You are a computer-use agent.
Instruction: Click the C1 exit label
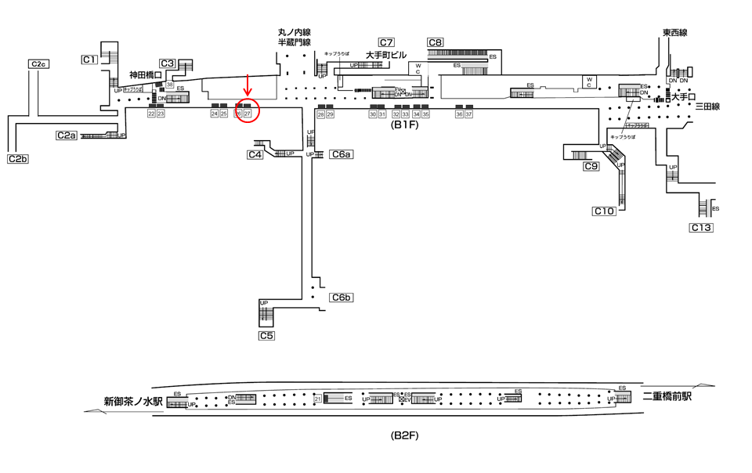(x=89, y=59)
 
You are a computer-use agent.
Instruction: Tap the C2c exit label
(x=38, y=63)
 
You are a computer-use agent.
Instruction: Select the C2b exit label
(x=18, y=159)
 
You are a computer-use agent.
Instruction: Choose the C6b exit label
(x=342, y=297)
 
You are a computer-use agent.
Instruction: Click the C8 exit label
(x=436, y=42)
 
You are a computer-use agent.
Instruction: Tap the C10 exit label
(x=603, y=211)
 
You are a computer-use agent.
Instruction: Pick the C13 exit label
(x=701, y=228)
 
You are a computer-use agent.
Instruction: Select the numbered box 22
(x=151, y=114)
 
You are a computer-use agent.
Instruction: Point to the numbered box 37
(x=469, y=114)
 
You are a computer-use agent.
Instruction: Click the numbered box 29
(x=331, y=114)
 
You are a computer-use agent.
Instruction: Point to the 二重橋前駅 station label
(x=667, y=397)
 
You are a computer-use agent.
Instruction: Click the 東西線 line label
(x=674, y=33)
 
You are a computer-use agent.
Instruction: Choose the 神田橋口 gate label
(x=146, y=75)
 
